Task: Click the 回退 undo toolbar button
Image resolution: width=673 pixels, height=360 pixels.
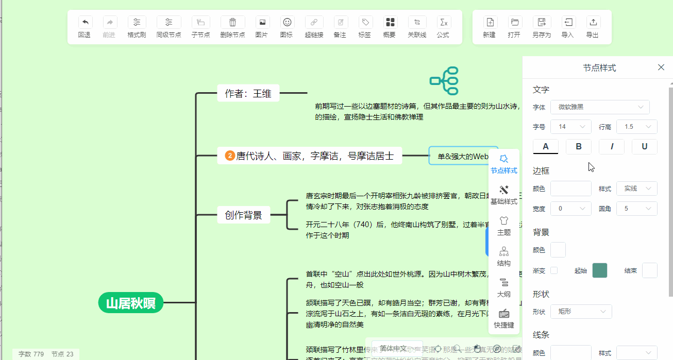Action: point(85,27)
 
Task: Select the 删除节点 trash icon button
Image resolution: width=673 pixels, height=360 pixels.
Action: point(232,27)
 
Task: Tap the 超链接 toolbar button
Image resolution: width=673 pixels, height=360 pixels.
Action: point(314,27)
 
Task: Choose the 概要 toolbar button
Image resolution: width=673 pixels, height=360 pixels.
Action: point(390,27)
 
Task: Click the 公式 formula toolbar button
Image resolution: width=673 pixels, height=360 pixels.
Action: point(443,27)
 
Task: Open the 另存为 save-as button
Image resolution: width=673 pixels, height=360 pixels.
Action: point(542,27)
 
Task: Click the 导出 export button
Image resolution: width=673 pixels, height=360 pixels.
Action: point(593,27)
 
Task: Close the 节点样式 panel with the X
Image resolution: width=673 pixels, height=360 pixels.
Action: point(661,67)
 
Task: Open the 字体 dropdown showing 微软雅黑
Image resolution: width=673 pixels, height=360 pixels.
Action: point(600,107)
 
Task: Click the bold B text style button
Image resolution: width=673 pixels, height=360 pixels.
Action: point(579,147)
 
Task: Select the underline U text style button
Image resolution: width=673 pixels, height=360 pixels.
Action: point(644,147)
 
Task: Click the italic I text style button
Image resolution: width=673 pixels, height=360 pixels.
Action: point(612,147)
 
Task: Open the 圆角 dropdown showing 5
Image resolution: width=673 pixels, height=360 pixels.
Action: point(636,209)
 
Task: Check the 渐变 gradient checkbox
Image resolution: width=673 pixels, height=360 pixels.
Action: point(554,270)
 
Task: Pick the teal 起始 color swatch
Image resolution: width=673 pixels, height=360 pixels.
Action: point(600,270)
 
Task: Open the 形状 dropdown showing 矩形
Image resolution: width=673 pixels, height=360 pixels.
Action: point(581,312)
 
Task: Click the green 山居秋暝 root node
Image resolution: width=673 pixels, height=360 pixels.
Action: point(131,303)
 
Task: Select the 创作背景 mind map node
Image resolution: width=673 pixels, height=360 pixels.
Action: point(244,215)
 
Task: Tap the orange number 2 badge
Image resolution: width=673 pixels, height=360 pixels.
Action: point(230,156)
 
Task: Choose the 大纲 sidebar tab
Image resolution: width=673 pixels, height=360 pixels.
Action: point(503,288)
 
